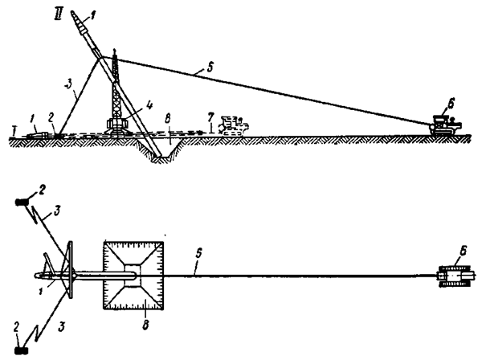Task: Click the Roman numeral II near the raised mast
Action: point(58,14)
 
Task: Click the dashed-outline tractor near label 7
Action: point(235,125)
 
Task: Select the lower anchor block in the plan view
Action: point(22,349)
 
